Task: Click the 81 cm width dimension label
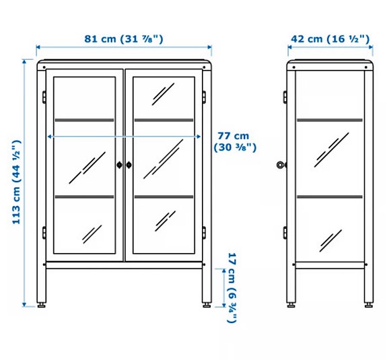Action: click(124, 38)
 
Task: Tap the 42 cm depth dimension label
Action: click(330, 38)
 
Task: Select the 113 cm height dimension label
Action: click(18, 182)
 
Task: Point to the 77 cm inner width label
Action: click(232, 141)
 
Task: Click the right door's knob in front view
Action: click(129, 164)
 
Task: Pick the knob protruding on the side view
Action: click(281, 164)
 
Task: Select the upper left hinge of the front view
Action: click(44, 97)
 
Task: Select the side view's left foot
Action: click(291, 305)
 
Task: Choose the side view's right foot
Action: click(369, 305)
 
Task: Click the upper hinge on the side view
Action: click(285, 97)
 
